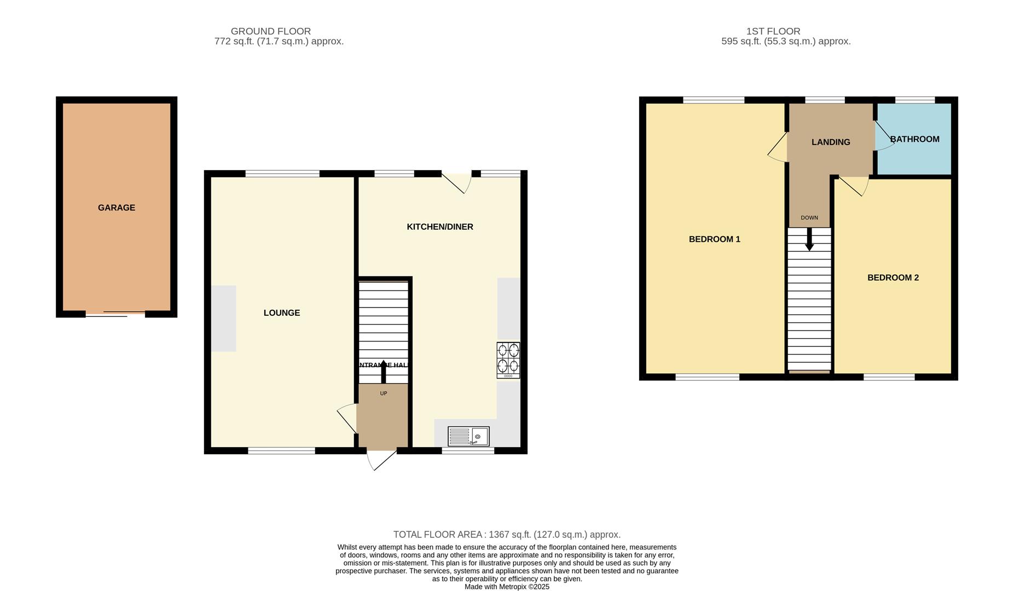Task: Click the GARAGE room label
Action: coord(116,207)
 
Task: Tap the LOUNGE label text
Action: coord(281,312)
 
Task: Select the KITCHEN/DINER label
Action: coord(439,227)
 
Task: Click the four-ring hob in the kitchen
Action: coord(508,360)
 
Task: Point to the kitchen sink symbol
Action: coord(468,436)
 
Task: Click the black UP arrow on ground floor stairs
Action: coord(383,372)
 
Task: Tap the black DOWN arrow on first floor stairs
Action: coord(809,240)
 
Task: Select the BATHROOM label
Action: coord(914,139)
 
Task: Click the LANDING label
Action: coord(830,142)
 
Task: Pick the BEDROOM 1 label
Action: coord(714,239)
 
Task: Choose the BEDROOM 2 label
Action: coord(893,277)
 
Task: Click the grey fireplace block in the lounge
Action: coord(223,318)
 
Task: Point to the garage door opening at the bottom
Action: coord(115,314)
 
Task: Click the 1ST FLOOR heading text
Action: coord(773,31)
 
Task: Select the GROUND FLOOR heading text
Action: coord(270,31)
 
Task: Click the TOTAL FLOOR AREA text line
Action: coord(506,535)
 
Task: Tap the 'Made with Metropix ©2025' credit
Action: coord(506,587)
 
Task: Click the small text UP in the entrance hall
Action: coord(383,393)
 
